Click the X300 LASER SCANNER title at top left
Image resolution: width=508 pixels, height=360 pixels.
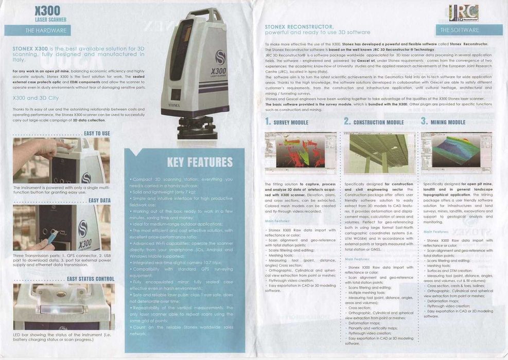pyautogui.click(x=47, y=13)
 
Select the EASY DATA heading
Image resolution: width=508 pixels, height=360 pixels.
pyautogui.click(x=99, y=201)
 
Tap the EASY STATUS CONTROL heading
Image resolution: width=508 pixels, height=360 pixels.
pyautogui.click(x=90, y=279)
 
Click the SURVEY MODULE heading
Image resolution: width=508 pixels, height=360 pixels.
pyautogui.click(x=287, y=122)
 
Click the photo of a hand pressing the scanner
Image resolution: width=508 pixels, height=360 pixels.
pyautogui.click(x=61, y=159)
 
